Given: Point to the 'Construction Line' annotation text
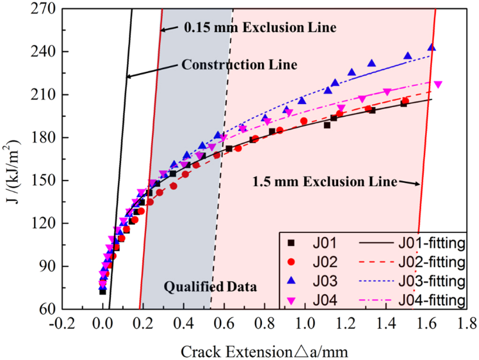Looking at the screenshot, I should pyautogui.click(x=239, y=65).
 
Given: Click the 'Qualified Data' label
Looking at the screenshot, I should pyautogui.click(x=210, y=286).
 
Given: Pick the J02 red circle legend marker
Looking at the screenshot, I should pyautogui.click(x=291, y=261).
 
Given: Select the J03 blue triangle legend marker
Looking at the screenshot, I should pyautogui.click(x=291, y=281).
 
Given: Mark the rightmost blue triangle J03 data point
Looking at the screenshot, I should pyautogui.click(x=432, y=47).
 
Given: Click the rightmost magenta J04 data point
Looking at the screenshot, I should pyautogui.click(x=438, y=85).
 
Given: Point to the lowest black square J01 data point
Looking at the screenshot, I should pyautogui.click(x=102, y=291).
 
